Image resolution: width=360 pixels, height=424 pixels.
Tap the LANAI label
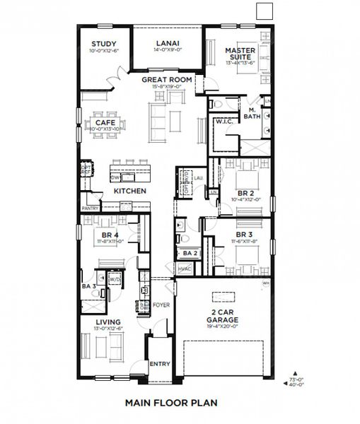click(168, 44)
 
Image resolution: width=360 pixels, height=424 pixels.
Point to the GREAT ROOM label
click(167, 81)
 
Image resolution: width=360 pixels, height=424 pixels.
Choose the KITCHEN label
click(130, 192)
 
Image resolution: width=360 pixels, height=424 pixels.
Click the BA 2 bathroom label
click(189, 253)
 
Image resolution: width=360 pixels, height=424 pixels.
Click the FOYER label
click(161, 304)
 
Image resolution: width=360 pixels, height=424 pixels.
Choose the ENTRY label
click(160, 364)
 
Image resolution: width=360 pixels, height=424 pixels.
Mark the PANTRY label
click(90, 208)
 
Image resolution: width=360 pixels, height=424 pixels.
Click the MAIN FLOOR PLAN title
click(170, 405)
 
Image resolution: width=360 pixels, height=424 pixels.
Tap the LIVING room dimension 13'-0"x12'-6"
click(109, 328)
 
